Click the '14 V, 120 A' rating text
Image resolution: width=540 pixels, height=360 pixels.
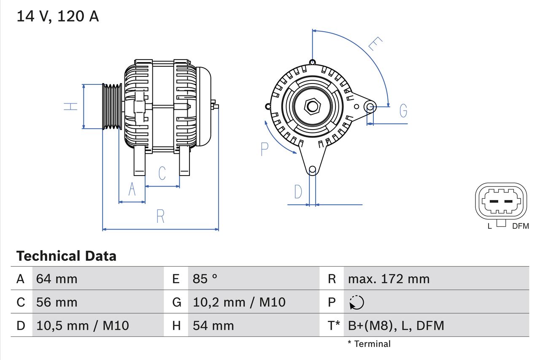coord(58,16)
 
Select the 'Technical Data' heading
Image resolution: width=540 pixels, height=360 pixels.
coord(66,256)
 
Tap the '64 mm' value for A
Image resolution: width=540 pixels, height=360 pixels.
coord(57,279)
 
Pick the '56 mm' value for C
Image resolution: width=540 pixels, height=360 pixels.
coord(57,302)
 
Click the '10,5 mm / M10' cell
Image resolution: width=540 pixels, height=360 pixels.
coord(82,325)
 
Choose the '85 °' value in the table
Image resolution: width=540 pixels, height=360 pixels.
coord(205,279)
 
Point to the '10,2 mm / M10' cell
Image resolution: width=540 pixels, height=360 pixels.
coord(239,302)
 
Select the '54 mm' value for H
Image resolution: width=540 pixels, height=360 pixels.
coord(213,325)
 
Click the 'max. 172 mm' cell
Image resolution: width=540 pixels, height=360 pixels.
coord(389,279)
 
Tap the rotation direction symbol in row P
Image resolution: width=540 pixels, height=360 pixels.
coord(356,302)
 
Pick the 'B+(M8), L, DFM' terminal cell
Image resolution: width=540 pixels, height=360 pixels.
coord(396,325)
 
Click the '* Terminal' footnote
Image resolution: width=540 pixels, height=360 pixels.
coord(369,344)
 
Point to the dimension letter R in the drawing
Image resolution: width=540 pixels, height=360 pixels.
coord(160,216)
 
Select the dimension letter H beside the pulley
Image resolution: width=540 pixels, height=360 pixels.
coord(71,106)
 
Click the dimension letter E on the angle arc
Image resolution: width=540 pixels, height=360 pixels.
coord(375,44)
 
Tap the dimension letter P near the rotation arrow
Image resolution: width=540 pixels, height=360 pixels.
coord(265,149)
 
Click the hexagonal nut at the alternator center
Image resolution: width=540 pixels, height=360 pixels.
coord(312,106)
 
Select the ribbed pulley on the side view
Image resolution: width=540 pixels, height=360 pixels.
coord(112,106)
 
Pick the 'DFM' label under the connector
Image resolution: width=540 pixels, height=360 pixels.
coord(520,226)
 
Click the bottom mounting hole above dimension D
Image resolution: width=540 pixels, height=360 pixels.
coord(312,170)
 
